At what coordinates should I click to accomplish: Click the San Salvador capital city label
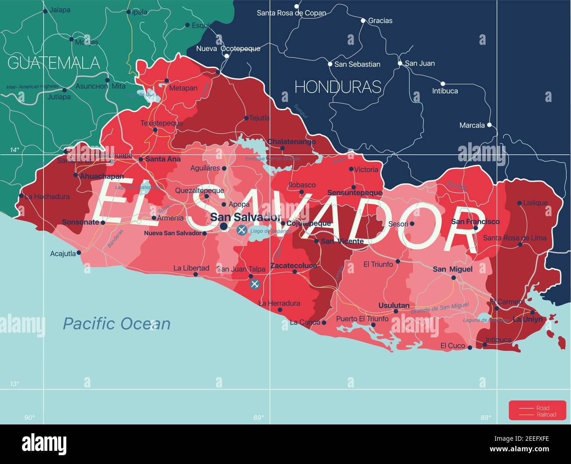[245, 217]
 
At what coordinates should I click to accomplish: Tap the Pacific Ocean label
[116, 324]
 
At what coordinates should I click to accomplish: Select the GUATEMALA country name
[54, 63]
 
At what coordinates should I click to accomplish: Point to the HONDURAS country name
[337, 87]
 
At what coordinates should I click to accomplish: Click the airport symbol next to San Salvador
[241, 230]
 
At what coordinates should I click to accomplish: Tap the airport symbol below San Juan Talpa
[254, 284]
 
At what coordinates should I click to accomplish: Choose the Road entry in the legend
[542, 408]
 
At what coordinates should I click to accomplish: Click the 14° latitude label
[15, 150]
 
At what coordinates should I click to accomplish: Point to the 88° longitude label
[485, 417]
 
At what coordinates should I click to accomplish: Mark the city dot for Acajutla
[79, 253]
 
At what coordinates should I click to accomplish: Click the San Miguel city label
[452, 269]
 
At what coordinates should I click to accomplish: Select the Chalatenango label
[292, 141]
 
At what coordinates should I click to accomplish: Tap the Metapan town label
[183, 88]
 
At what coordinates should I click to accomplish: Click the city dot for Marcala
[489, 125]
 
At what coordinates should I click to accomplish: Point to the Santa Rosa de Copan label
[291, 13]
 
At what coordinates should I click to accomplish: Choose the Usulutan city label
[394, 305]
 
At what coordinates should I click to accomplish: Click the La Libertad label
[191, 268]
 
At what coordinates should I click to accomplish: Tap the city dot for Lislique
[519, 203]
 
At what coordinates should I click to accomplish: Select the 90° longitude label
[29, 417]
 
